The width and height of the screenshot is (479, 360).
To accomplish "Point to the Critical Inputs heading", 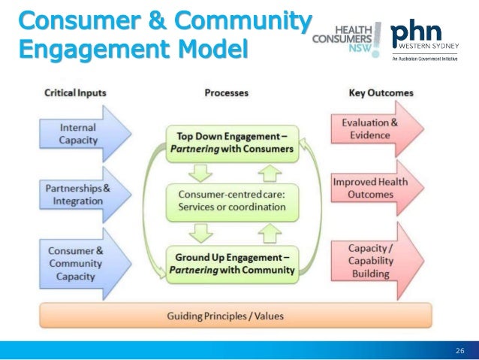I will [75, 92].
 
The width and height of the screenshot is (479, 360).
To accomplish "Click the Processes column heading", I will [226, 92].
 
